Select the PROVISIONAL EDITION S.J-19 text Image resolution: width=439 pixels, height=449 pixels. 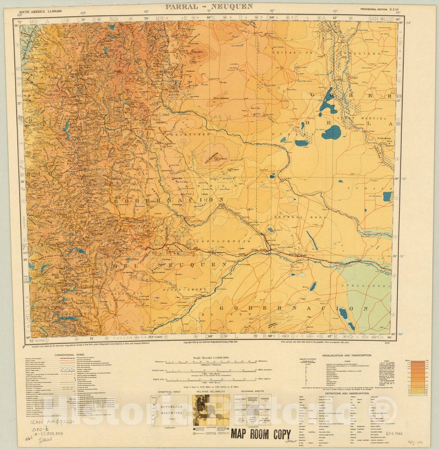pos(378,9)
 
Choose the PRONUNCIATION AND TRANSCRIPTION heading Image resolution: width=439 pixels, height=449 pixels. pos(345,355)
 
